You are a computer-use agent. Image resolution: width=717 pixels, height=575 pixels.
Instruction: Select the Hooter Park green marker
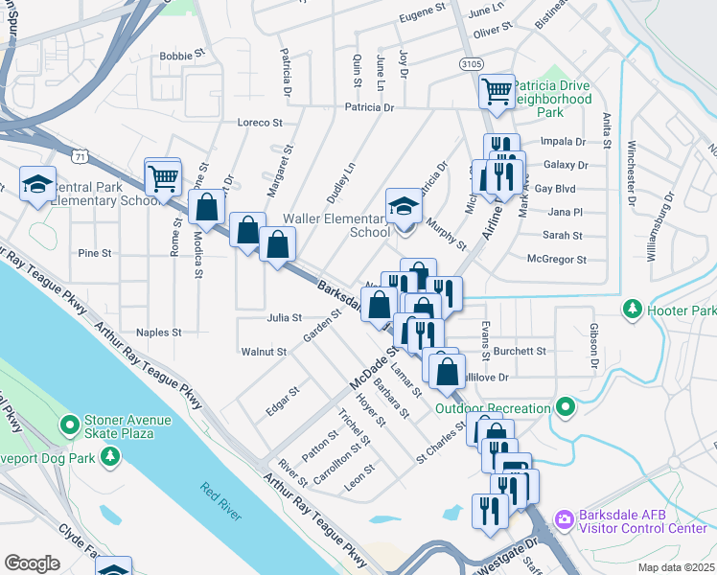coord(631,310)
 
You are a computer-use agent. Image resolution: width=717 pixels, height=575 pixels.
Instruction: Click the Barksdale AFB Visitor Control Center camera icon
coord(563,518)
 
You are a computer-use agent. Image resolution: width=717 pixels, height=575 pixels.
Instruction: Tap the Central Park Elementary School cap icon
coord(37,184)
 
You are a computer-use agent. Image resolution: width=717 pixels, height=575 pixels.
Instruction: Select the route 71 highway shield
coord(81,153)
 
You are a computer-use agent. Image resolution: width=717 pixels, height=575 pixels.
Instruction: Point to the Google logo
coord(32,563)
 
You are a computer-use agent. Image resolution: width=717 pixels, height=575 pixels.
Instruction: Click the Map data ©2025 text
coord(675,567)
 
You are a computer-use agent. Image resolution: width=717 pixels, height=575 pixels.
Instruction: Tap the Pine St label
coord(95,254)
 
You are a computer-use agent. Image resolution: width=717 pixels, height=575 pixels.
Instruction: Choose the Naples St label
coord(158,333)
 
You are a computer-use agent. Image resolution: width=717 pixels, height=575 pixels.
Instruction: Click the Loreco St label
coord(260,123)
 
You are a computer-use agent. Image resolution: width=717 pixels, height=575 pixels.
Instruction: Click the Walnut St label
coord(264,352)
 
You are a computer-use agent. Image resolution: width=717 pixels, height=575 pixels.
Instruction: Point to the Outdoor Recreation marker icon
coord(566,408)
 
